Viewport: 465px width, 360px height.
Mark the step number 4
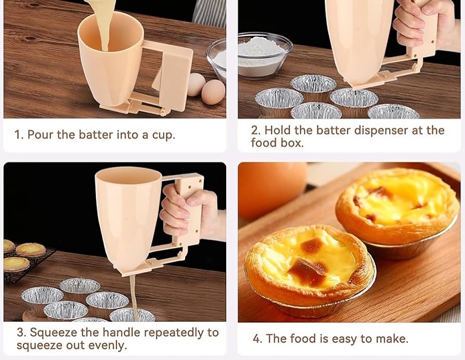(256, 339)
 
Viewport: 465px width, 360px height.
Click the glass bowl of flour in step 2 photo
(264, 56)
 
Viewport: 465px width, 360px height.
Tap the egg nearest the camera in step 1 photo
(213, 92)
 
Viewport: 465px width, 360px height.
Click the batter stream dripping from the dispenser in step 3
(134, 296)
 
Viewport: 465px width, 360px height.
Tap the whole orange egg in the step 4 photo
(272, 190)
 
